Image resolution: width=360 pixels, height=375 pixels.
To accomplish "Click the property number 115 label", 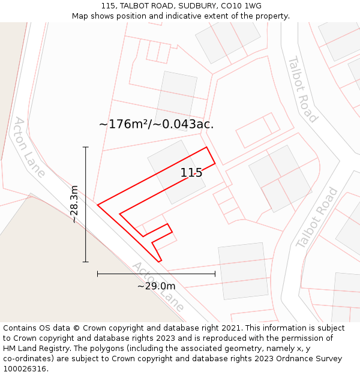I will pyautogui.click(x=191, y=173).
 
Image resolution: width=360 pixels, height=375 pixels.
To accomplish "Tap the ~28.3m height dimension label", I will pyautogui.click(x=74, y=204).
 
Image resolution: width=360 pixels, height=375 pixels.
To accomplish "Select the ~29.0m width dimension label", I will pyautogui.click(x=156, y=286).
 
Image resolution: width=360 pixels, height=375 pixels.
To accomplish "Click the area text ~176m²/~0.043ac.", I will pyautogui.click(x=156, y=124).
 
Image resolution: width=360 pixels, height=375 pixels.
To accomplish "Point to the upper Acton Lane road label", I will pyautogui.click(x=29, y=147).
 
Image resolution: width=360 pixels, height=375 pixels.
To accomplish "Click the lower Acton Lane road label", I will pyautogui.click(x=158, y=286).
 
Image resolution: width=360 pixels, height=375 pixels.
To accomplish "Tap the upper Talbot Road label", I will pyautogui.click(x=302, y=89).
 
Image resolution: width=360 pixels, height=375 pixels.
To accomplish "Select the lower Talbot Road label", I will pyautogui.click(x=317, y=217).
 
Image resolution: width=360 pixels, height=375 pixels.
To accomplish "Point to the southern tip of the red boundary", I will pyautogui.click(x=160, y=262).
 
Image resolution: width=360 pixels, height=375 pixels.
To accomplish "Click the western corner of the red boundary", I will pyautogui.click(x=98, y=205).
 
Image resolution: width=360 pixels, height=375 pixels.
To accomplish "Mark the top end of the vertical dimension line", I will pyautogui.click(x=85, y=147).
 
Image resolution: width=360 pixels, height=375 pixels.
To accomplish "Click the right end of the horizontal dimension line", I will pyautogui.click(x=215, y=274).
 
